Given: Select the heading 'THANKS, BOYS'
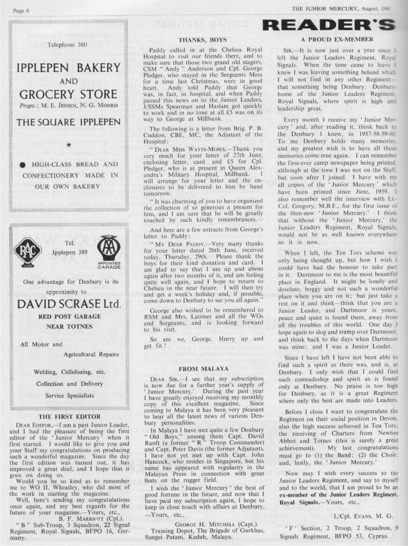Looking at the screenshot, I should tap(203, 40).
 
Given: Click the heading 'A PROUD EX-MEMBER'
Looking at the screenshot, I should tap(337, 39).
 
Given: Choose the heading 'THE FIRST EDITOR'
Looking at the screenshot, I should tap(69, 416).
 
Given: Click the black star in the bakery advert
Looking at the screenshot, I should tap(68, 145).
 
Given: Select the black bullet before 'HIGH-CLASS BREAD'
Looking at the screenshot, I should tap(22, 165).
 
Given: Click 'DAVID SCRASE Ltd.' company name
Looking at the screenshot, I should tap(69, 304).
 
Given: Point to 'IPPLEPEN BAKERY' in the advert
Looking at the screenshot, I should tap(68, 68).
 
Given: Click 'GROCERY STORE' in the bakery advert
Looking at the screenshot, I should tap(68, 94).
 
